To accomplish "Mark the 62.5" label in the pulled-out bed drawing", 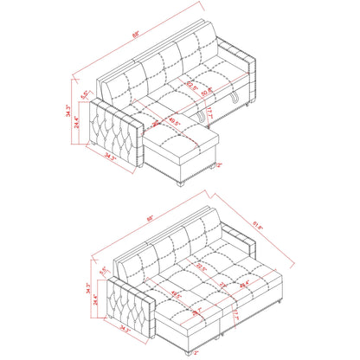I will tap(201, 267).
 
